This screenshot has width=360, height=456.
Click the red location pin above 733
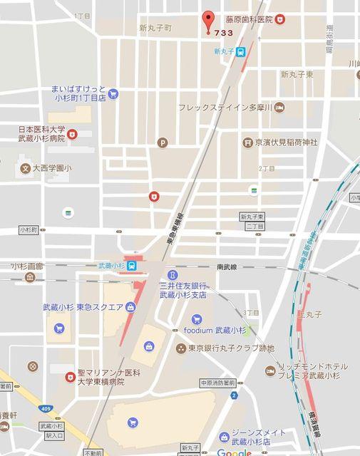tap(208, 19)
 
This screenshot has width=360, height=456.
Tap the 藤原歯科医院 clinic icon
tap(281, 19)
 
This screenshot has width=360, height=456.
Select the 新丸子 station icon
tap(242, 51)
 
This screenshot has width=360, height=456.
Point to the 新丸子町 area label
tap(155, 28)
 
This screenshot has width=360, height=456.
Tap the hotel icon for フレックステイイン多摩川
tap(279, 108)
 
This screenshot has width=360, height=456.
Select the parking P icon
tap(163, 143)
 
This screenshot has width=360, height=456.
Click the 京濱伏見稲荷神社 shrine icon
tap(247, 142)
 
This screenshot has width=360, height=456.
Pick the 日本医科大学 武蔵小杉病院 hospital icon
tap(72, 134)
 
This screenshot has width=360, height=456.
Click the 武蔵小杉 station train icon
tap(134, 266)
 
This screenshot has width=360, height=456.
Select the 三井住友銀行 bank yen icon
tap(173, 274)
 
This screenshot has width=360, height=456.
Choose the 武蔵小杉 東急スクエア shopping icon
tap(130, 307)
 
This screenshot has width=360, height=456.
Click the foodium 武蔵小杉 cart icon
tap(197, 320)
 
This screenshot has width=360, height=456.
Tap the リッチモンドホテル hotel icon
tap(270, 370)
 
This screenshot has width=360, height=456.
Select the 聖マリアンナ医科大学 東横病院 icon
tap(70, 377)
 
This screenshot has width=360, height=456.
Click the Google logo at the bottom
tap(233, 452)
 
